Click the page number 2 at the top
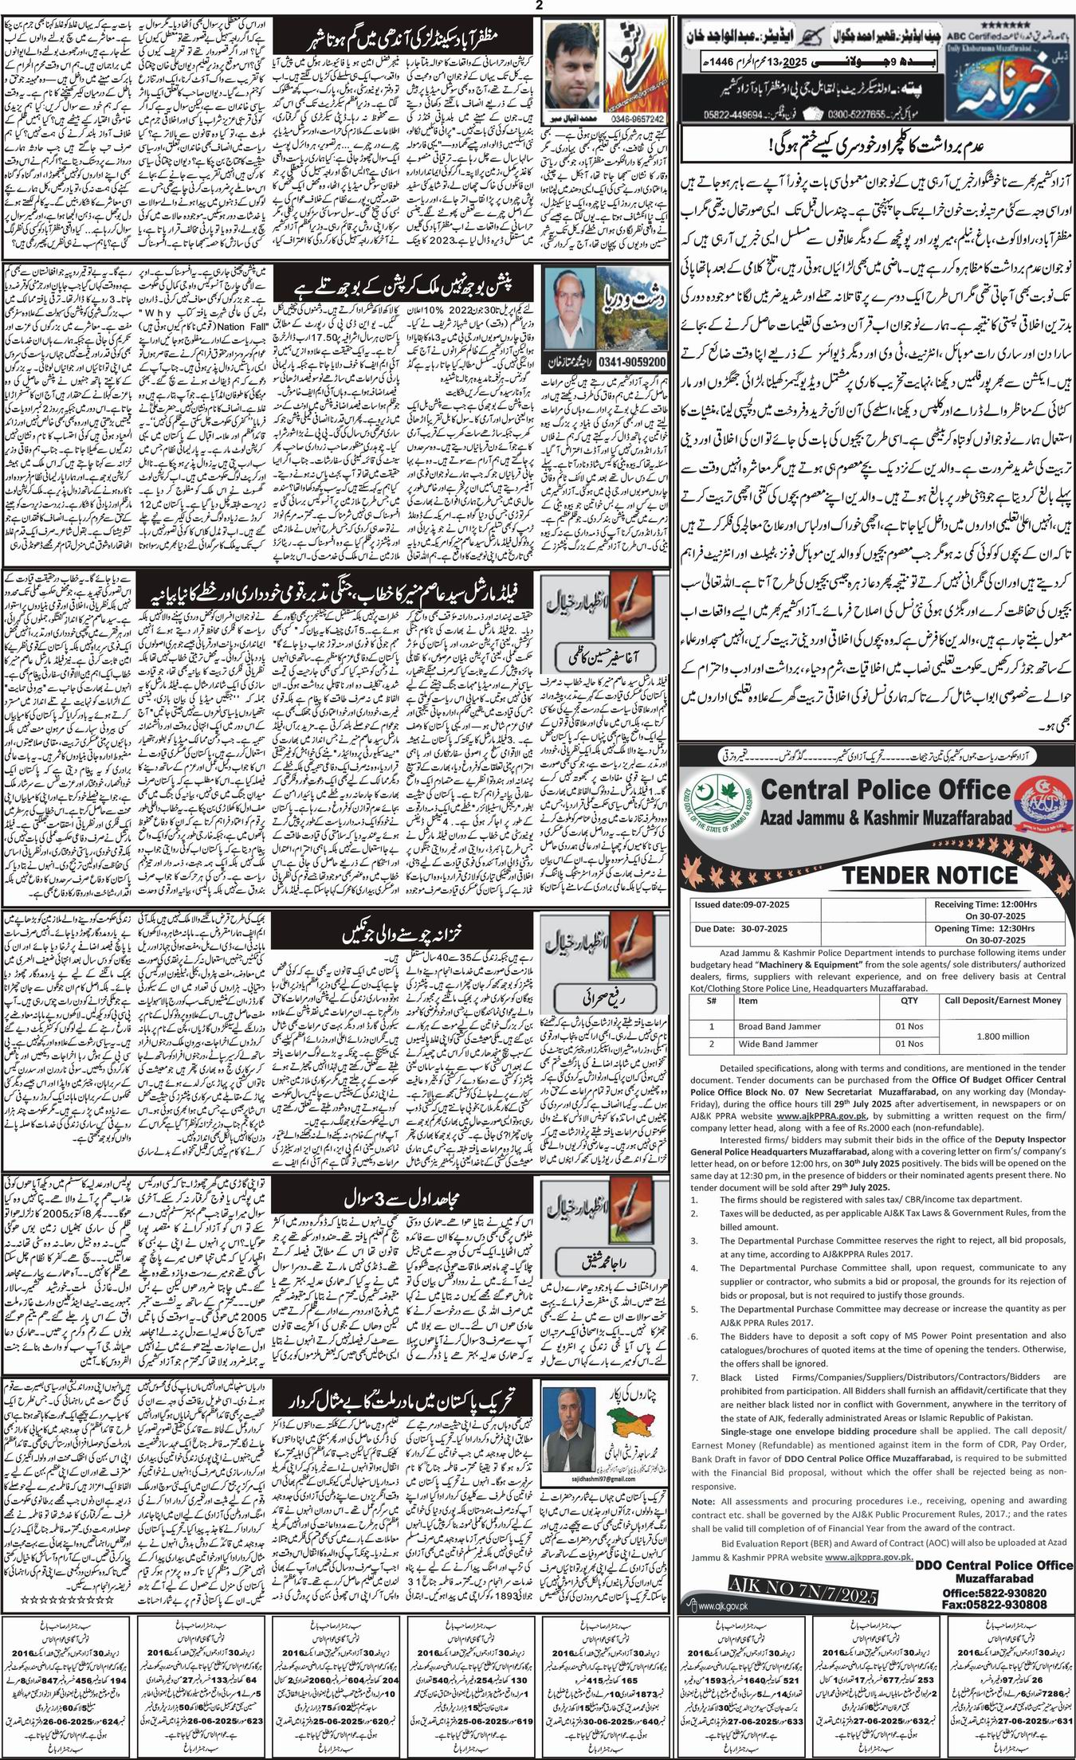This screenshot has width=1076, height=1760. pyautogui.click(x=539, y=6)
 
